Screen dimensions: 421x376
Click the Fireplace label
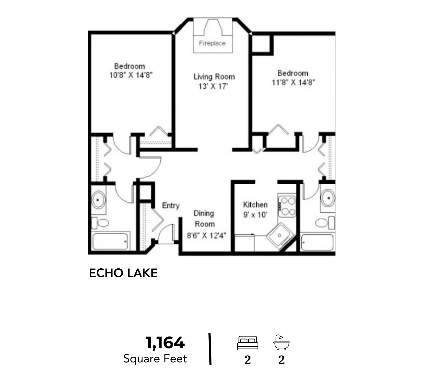coord(212,43)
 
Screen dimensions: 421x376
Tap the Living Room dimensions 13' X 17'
coord(213,86)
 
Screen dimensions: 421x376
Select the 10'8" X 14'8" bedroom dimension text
coord(131,75)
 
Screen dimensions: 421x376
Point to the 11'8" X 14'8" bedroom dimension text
coord(293,82)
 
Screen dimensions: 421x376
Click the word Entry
coord(171,205)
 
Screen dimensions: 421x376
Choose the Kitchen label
coord(255,205)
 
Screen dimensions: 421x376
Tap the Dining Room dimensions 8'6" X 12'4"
coord(207,235)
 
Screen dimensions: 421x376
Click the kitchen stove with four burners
coord(287,206)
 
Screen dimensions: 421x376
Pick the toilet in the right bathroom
coord(325,223)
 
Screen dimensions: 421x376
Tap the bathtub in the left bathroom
coord(110,241)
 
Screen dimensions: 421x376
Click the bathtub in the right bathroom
coord(317,242)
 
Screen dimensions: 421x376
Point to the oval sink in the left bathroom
coord(98,200)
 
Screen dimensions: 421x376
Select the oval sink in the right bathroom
coord(328,198)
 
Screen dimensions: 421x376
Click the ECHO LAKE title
coord(123,273)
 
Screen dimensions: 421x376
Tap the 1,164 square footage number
coord(165,343)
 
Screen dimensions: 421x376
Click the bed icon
coord(247,343)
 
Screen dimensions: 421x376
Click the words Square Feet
coord(155,359)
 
